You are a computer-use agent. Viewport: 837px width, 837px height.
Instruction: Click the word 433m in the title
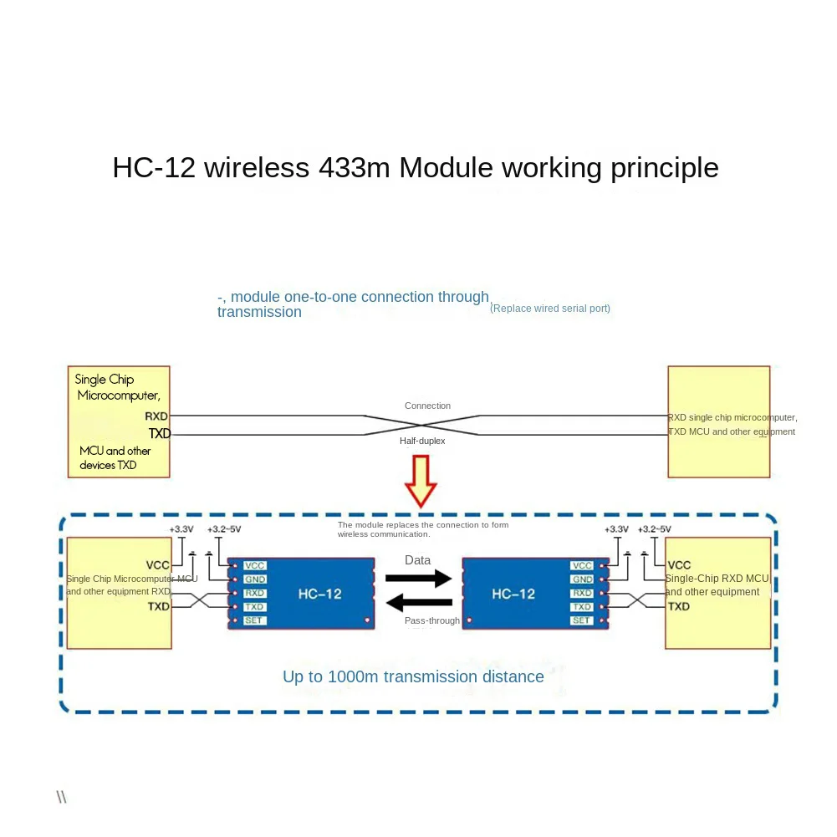[x=355, y=168]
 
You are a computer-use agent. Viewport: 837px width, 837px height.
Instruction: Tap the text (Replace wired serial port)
[x=550, y=309]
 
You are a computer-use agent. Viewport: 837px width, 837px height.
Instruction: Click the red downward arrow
[x=421, y=480]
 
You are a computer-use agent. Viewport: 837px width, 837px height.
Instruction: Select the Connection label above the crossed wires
[x=427, y=406]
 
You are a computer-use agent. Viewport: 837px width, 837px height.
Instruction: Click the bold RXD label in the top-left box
[x=156, y=416]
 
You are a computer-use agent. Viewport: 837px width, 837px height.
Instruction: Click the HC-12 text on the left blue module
[x=319, y=594]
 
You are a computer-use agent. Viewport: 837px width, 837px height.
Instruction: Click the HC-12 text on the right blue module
[x=513, y=594]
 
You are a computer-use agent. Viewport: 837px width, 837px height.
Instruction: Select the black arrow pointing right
[x=418, y=577]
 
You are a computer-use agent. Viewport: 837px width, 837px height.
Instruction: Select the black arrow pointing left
[x=418, y=602]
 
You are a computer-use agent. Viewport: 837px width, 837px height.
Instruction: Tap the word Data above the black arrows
[x=418, y=560]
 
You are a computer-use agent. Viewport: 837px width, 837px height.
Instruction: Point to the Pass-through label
[x=432, y=621]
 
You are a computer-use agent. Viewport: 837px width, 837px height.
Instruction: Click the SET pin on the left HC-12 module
[x=253, y=620]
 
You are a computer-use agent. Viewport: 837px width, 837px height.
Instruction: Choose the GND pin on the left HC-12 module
[x=254, y=579]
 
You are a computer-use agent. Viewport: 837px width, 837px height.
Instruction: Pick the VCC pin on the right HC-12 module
[x=582, y=566]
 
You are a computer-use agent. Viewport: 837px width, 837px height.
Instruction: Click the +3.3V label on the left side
[x=181, y=529]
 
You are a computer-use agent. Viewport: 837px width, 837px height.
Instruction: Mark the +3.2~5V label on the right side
[x=654, y=529]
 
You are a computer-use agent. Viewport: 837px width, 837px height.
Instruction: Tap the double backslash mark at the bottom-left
[x=61, y=797]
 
